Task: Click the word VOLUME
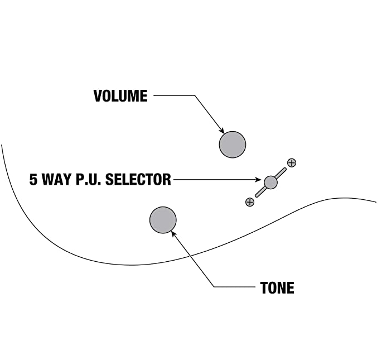coord(120,96)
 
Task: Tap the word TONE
coord(277,288)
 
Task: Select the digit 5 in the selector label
coord(33,180)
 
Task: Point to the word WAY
coord(59,180)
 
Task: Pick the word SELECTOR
coord(138,180)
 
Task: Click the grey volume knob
coord(232,144)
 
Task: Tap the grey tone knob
coord(163,219)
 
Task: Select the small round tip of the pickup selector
coord(270,182)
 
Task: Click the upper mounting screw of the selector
coord(291,163)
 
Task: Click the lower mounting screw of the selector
coord(250,201)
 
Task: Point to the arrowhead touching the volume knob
coord(223,130)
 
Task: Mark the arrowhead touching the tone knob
coord(173,234)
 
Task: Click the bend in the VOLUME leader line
coord(194,96)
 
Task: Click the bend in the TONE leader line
coord(215,287)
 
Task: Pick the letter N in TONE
coord(282,288)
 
